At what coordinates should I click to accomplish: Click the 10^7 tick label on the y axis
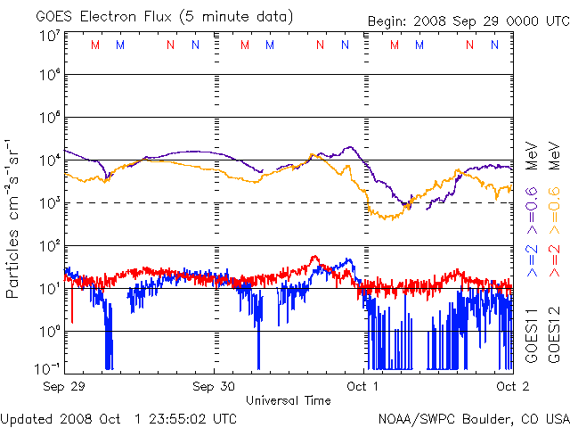pyautogui.click(x=51, y=37)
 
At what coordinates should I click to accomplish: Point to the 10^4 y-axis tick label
pyautogui.click(x=51, y=160)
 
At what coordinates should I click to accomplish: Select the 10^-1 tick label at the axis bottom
pyautogui.click(x=48, y=368)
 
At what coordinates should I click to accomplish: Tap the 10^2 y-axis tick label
pyautogui.click(x=51, y=246)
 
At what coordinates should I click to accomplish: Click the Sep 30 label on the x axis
pyautogui.click(x=214, y=386)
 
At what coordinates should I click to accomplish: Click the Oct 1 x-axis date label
pyautogui.click(x=362, y=386)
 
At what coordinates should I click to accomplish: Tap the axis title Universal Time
pyautogui.click(x=289, y=400)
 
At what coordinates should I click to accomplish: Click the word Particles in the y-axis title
pyautogui.click(x=12, y=264)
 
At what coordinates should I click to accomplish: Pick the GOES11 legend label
pyautogui.click(x=532, y=336)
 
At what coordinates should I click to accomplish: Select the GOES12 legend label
pyautogui.click(x=554, y=336)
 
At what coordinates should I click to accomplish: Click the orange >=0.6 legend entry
pyautogui.click(x=554, y=210)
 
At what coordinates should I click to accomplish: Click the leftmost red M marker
pyautogui.click(x=95, y=45)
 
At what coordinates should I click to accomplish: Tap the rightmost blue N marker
pyautogui.click(x=495, y=45)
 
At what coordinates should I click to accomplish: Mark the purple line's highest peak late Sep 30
pyautogui.click(x=350, y=147)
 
